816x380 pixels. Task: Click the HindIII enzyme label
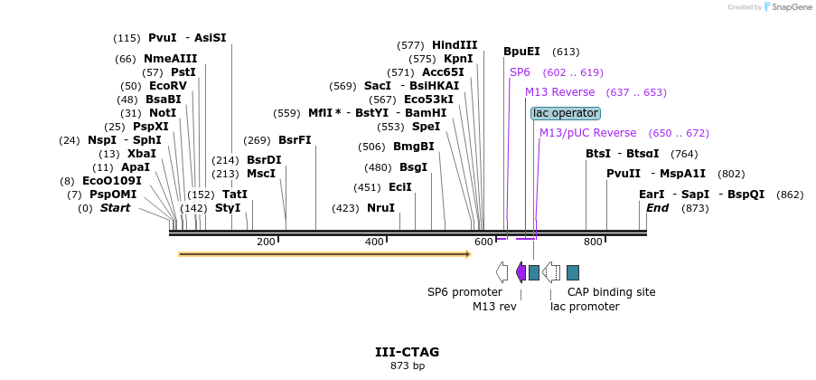coord(455,45)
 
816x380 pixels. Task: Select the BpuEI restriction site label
coord(521,52)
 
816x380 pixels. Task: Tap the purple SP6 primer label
coord(520,71)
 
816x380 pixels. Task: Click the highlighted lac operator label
coord(566,113)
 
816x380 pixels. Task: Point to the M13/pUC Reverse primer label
coord(587,133)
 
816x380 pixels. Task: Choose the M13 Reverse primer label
coord(559,92)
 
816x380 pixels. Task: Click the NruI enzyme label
coord(380,208)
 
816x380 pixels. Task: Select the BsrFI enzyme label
coord(295,140)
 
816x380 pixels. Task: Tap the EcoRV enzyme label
coord(167,86)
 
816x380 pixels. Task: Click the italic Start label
coord(115,208)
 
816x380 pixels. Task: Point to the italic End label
coord(657,208)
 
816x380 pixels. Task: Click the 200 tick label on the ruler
coord(266,242)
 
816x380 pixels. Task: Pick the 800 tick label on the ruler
coord(593,242)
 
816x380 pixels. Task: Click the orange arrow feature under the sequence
coord(324,254)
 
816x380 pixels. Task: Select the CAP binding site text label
coord(611,292)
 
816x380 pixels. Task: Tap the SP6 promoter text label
coord(464,292)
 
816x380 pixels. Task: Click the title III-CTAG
coord(407,352)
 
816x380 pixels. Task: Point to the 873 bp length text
coord(407,366)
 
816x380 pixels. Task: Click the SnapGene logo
coord(785,7)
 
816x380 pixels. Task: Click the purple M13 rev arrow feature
coord(521,271)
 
